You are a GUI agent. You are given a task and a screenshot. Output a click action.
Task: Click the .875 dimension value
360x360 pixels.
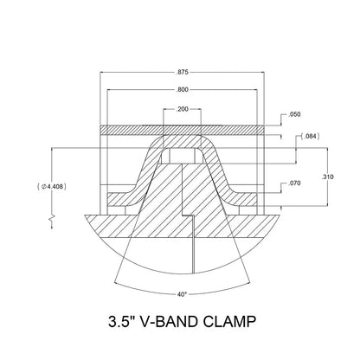[x=181, y=72]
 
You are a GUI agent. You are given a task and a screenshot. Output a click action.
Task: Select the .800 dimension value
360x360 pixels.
[x=181, y=89]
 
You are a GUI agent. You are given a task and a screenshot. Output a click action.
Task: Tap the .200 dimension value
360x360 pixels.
[x=181, y=111]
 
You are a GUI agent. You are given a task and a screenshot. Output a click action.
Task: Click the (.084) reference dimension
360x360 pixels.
[x=310, y=137]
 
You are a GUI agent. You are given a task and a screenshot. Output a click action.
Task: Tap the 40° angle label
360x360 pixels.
[x=180, y=292]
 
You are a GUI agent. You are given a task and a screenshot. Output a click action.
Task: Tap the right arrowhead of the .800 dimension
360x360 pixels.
[x=256, y=89]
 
